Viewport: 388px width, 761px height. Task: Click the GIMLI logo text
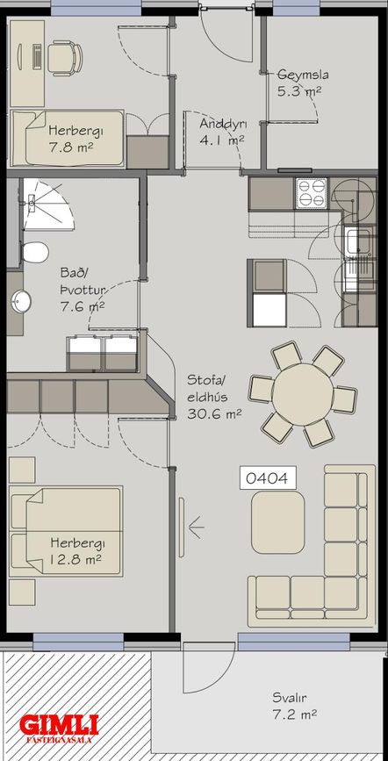tap(59, 725)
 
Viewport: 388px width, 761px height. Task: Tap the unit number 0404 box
tap(268, 478)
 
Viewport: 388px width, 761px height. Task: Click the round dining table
tap(303, 395)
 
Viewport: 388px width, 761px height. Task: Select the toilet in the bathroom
tap(35, 253)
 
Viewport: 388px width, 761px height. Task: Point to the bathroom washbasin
tap(20, 301)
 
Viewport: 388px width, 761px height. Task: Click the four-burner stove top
tap(313, 193)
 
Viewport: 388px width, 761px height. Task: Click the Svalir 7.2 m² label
tap(295, 707)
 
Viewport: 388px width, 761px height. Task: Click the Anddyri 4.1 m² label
tap(223, 131)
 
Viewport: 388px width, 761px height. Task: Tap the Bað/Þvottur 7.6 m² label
tap(82, 290)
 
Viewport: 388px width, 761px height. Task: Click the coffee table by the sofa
tap(277, 522)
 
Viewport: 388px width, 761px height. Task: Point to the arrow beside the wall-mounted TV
tap(196, 528)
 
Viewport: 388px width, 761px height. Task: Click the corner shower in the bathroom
tap(47, 204)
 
